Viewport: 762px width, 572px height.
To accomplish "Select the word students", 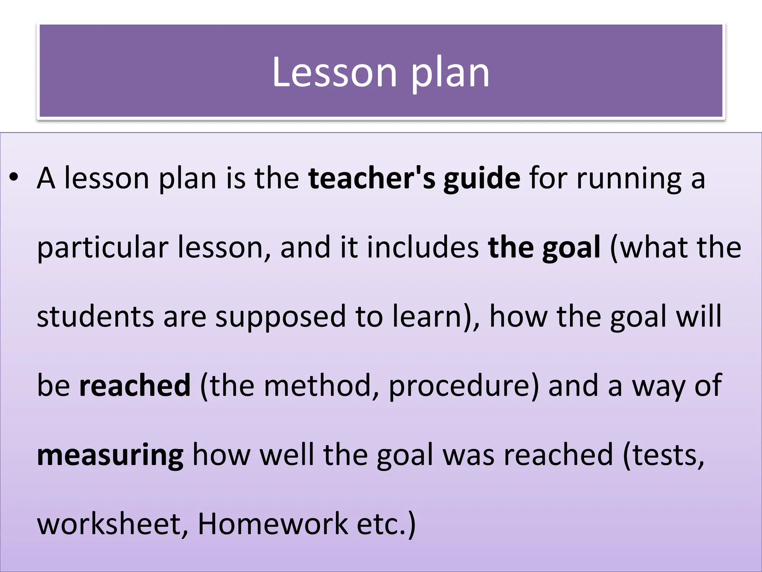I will [95, 317].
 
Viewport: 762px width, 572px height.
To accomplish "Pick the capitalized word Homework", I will [273, 524].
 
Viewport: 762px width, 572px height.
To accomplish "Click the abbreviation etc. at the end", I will [381, 524].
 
